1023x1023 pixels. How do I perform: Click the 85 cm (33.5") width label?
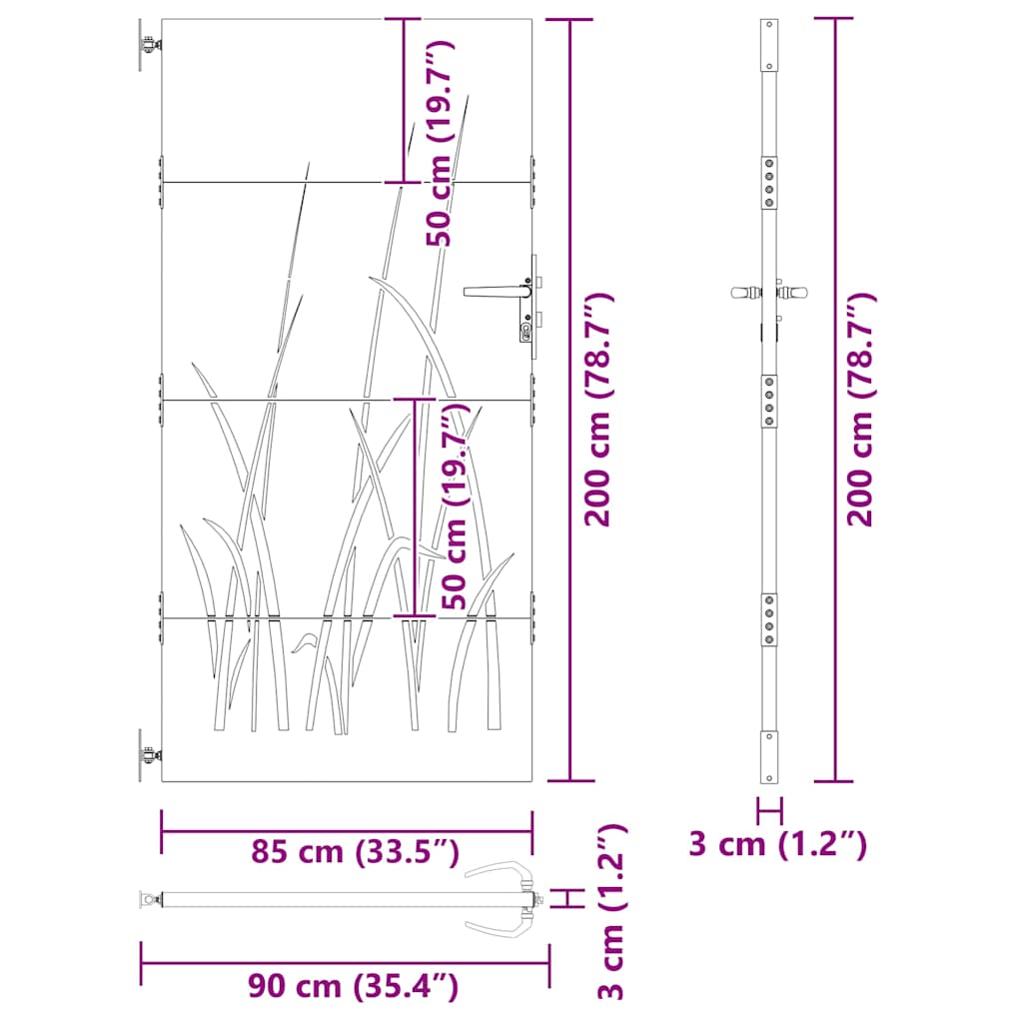tap(355, 852)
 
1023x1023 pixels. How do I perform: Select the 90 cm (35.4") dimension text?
tap(355, 987)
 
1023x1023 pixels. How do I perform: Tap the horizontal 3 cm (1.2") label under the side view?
tap(777, 844)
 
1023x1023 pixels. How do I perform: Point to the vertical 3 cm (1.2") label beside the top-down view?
tap(610, 911)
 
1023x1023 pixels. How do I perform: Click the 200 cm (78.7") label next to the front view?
tap(598, 410)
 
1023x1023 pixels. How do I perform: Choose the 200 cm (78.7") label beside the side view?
tap(861, 410)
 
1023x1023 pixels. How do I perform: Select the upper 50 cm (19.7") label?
tap(440, 143)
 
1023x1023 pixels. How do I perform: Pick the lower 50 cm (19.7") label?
tap(455, 506)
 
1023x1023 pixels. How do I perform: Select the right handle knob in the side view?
tap(795, 294)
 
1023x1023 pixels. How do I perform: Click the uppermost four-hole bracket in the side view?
tap(768, 181)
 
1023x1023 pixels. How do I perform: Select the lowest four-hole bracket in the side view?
tap(768, 619)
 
